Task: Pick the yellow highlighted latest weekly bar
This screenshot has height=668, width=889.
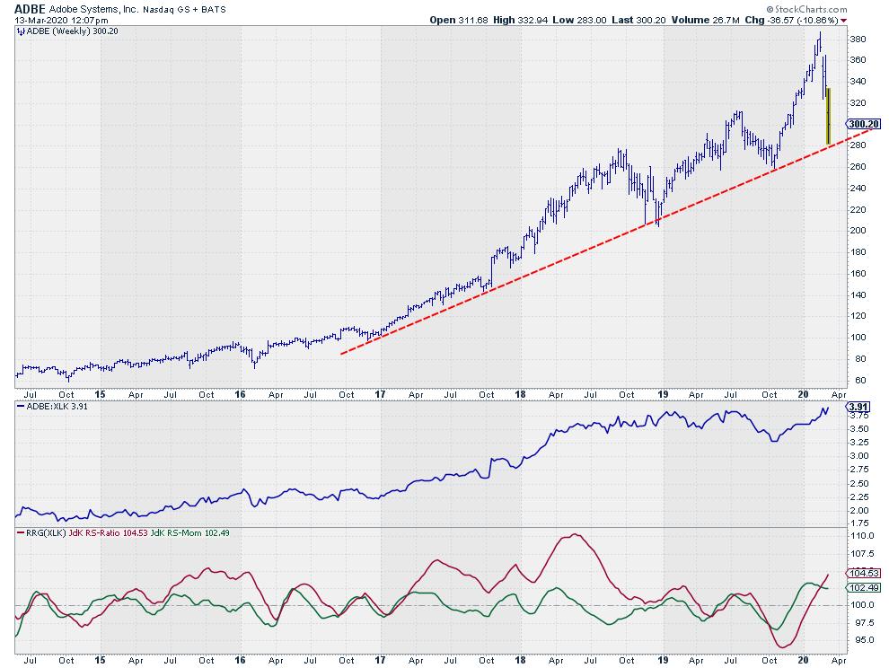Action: (828, 116)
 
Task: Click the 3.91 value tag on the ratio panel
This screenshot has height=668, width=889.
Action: (858, 406)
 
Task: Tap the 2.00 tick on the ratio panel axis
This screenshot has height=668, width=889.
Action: (858, 510)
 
